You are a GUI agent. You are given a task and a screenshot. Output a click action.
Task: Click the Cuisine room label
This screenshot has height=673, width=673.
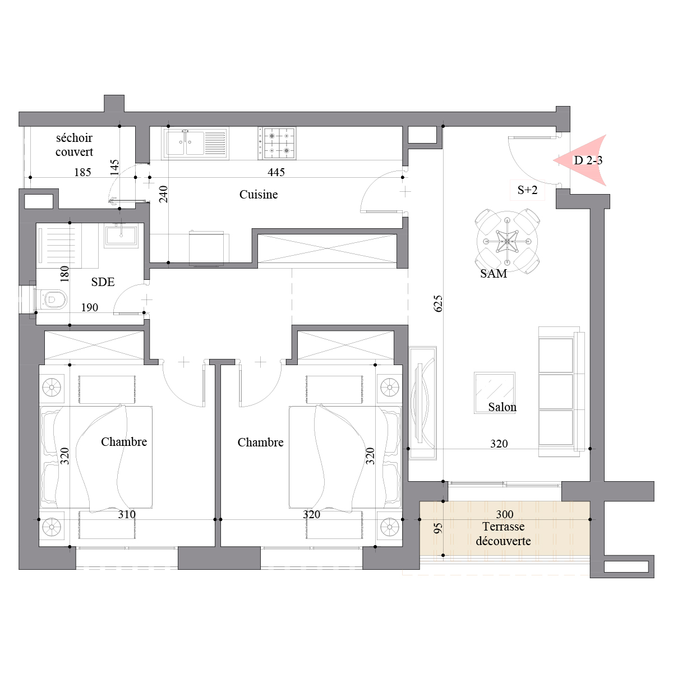(259, 194)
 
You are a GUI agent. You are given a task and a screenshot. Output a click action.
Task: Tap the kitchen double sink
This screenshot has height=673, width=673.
(195, 143)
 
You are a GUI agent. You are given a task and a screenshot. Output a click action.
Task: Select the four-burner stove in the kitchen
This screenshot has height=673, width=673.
(277, 143)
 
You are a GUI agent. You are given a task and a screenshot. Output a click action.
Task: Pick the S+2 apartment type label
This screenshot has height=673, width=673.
(527, 190)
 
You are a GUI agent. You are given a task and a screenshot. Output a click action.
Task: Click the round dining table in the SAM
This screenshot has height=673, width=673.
(507, 241)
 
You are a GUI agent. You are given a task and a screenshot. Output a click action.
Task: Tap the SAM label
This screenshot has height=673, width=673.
(494, 274)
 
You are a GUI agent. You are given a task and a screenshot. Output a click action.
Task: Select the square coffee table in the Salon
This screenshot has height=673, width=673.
(495, 393)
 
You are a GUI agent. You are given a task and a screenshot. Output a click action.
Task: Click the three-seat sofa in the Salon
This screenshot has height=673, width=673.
(561, 391)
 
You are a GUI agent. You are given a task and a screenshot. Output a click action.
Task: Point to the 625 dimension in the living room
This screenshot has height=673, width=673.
(438, 303)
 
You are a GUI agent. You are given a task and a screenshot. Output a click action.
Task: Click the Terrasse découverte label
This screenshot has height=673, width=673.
(503, 534)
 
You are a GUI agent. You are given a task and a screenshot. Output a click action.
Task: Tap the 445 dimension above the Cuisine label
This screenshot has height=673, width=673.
(276, 172)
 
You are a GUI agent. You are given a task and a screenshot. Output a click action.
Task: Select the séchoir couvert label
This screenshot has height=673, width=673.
(74, 145)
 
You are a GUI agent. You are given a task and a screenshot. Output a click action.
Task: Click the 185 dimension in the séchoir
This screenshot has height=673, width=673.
(83, 172)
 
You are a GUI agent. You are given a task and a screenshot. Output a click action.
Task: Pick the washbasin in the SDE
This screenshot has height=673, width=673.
(121, 235)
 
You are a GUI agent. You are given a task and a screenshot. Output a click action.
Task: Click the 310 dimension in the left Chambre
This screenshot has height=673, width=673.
(127, 514)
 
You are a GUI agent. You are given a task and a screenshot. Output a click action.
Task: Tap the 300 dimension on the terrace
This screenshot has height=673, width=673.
(505, 514)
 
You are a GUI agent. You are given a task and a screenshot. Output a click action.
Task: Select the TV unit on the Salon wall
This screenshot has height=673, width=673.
(423, 403)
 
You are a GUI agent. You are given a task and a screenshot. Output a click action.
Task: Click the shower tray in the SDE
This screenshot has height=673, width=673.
(59, 246)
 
